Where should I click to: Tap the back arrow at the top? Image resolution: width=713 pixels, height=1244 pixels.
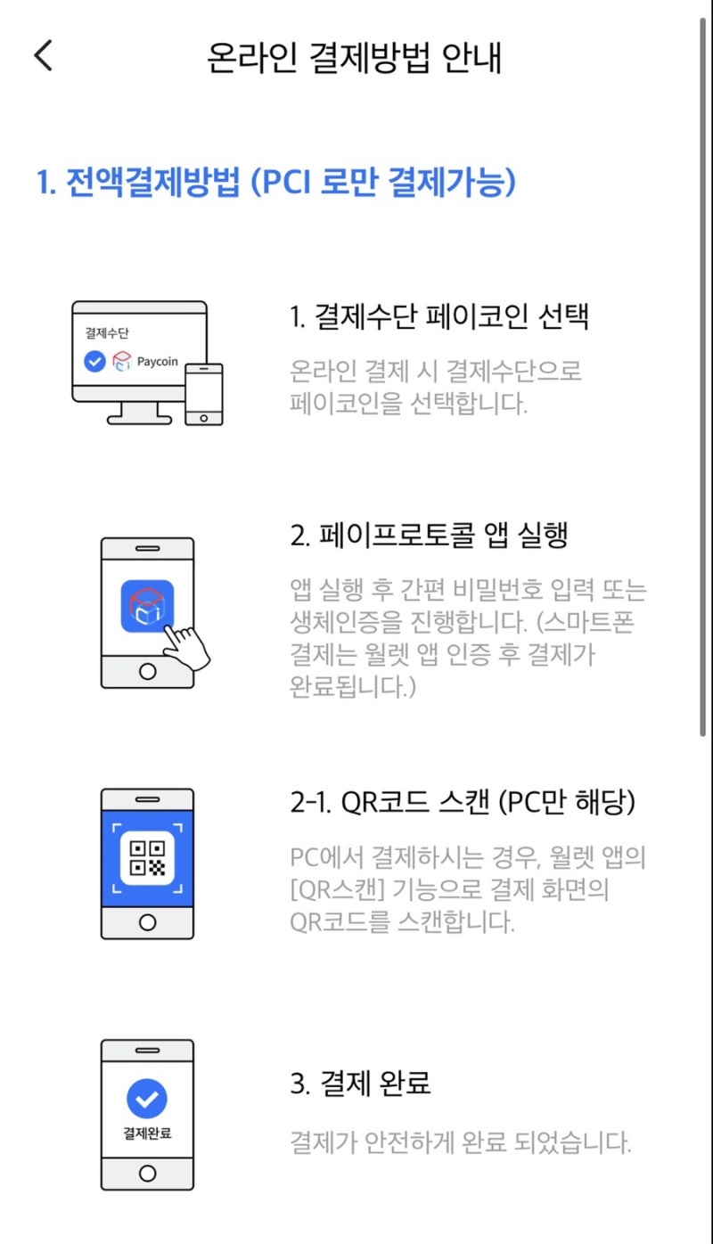tap(43, 55)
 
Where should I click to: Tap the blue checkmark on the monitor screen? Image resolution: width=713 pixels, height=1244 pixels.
tap(94, 362)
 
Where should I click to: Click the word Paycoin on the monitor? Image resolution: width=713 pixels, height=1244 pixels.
tap(157, 362)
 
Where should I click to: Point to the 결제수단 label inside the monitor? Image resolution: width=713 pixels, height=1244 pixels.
tap(106, 333)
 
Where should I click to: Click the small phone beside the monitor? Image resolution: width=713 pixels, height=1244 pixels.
tap(204, 393)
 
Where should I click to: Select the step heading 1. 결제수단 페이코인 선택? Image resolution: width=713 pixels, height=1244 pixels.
tap(439, 316)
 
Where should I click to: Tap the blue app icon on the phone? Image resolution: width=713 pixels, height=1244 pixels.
tap(147, 606)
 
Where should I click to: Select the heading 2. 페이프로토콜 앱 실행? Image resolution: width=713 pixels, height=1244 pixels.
tap(430, 535)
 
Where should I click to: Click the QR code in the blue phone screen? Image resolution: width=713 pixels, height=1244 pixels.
tap(147, 858)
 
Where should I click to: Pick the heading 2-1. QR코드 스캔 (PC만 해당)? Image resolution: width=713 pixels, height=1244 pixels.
tap(463, 802)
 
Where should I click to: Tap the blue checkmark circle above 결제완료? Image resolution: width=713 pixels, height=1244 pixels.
tap(147, 1099)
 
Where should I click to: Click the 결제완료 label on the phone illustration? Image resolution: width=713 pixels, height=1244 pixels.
tap(147, 1134)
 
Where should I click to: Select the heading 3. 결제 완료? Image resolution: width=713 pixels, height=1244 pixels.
tap(361, 1084)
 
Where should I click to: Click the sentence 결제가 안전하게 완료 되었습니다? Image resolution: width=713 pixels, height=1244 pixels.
tap(461, 1142)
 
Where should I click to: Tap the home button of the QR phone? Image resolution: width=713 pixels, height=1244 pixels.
tap(147, 921)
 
